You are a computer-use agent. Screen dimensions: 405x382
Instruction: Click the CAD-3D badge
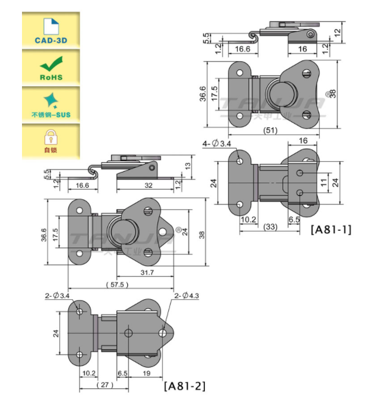coord(50,30)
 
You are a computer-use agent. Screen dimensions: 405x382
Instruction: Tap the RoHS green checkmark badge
coord(50,67)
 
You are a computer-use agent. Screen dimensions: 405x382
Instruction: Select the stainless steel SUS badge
coord(50,104)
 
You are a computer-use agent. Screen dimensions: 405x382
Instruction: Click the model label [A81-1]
coord(329,229)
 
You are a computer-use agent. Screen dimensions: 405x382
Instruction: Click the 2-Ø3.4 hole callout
coord(57,296)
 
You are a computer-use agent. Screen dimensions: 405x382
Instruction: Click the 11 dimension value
coord(324,181)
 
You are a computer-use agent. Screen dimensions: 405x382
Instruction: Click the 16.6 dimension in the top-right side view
coord(242,49)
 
